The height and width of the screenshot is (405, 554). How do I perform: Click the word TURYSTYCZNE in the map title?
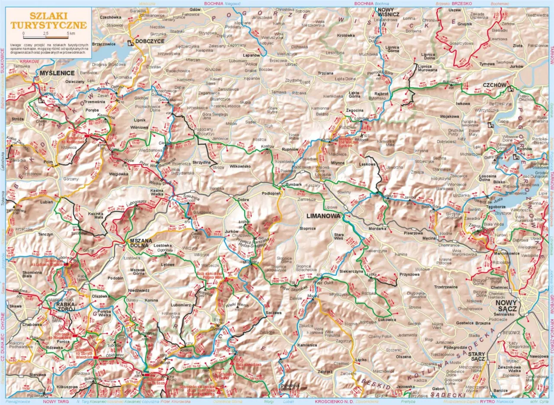coord(48,24)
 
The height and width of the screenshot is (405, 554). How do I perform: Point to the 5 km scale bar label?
coord(71,33)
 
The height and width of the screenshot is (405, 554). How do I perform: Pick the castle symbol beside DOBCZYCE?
coord(129,42)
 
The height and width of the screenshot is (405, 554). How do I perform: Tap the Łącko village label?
coord(361,360)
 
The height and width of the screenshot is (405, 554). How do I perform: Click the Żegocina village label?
coord(355,110)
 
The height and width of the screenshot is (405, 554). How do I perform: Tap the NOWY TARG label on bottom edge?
coord(54,402)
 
